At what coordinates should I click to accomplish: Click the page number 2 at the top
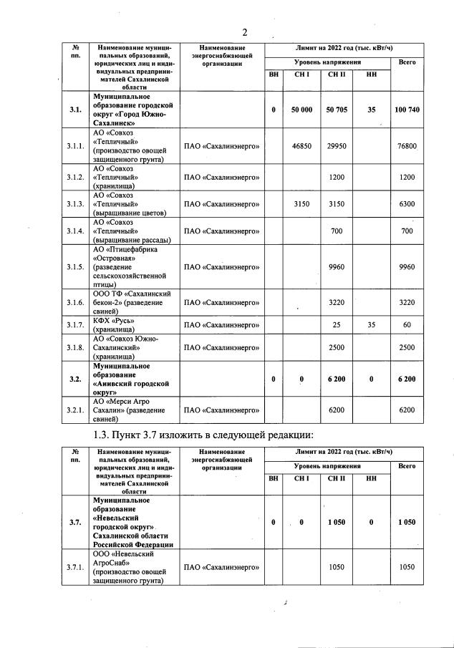tap(244, 32)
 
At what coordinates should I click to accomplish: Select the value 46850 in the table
tap(301, 146)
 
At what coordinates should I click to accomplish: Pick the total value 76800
tap(407, 146)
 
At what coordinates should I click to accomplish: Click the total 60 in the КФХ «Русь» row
tap(407, 325)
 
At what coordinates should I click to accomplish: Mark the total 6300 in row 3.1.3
tap(407, 204)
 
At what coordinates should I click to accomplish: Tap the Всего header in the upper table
tap(407, 62)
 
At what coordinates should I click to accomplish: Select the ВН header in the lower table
tap(273, 479)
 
